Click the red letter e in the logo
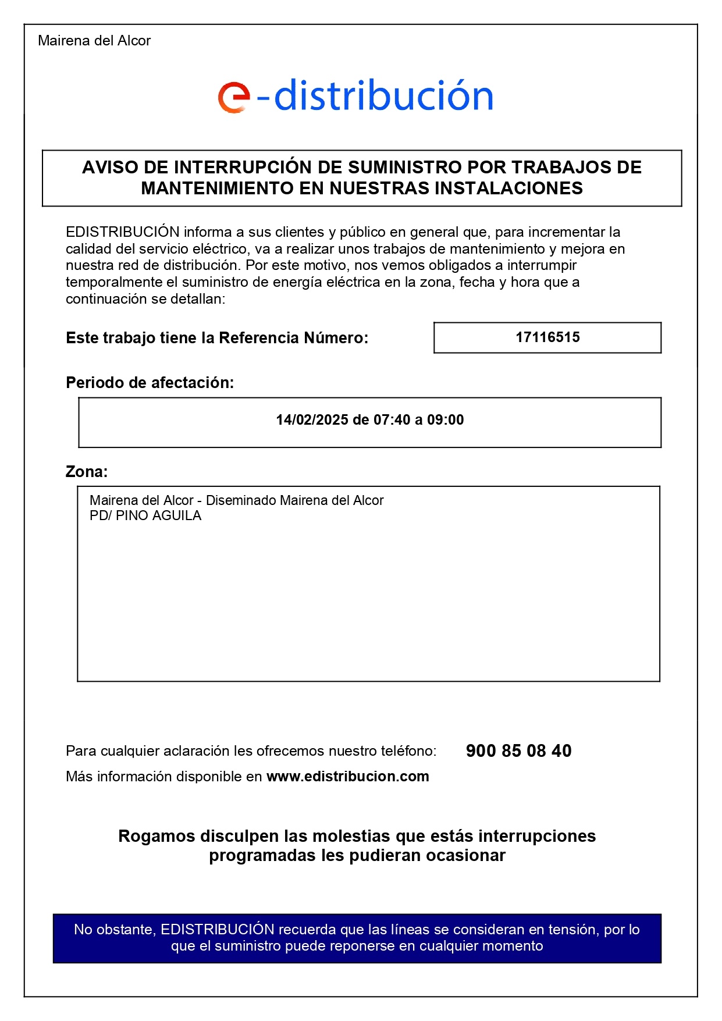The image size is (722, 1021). pyautogui.click(x=233, y=97)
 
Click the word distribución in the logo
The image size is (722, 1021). pyautogui.click(x=383, y=96)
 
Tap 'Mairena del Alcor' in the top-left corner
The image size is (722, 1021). pyautogui.click(x=94, y=41)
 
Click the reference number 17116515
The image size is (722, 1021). pyautogui.click(x=547, y=337)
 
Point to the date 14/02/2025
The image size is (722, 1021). pyautogui.click(x=312, y=420)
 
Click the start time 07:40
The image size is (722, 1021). pyautogui.click(x=392, y=420)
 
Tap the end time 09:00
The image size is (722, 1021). pyautogui.click(x=445, y=420)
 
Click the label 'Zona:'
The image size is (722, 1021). pyautogui.click(x=87, y=472)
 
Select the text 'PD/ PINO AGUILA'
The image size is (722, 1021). pyautogui.click(x=145, y=516)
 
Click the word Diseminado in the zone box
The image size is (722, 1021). pyautogui.click(x=241, y=501)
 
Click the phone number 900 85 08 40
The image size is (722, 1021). pyautogui.click(x=518, y=751)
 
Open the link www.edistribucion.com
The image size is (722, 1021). pyautogui.click(x=347, y=777)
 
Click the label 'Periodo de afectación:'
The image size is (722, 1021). pyautogui.click(x=150, y=383)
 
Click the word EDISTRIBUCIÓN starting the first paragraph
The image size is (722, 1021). pyautogui.click(x=122, y=232)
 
